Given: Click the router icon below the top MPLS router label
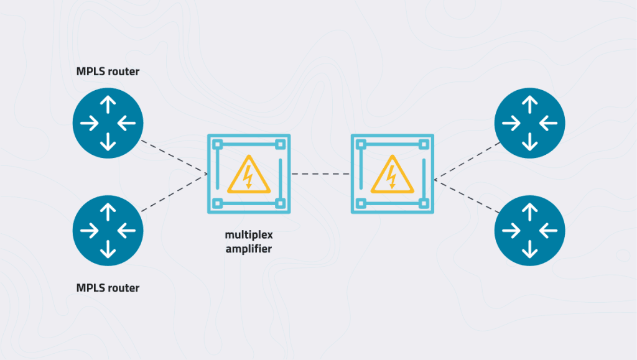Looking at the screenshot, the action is tap(108, 123).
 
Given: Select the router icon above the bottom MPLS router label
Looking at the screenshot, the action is tap(108, 231).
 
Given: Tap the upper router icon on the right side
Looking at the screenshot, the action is tap(530, 123).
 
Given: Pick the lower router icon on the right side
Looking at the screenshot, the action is tap(530, 231).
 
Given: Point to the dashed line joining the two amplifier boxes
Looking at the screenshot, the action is tap(320, 174).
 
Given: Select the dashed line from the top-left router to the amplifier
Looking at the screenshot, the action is tap(174, 157).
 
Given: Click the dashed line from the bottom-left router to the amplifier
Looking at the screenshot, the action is tap(174, 192).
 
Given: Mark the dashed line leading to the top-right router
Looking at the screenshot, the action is tap(467, 161).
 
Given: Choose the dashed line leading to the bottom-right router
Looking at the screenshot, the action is tap(467, 196).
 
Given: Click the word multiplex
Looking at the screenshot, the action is tap(249, 235).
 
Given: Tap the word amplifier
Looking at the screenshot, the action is tap(249, 249).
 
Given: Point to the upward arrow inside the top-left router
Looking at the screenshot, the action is tap(108, 104).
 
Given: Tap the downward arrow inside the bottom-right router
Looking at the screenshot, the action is tap(530, 249).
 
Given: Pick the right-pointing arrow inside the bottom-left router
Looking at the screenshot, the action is tap(90, 231).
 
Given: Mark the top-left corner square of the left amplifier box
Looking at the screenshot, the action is tap(217, 144).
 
